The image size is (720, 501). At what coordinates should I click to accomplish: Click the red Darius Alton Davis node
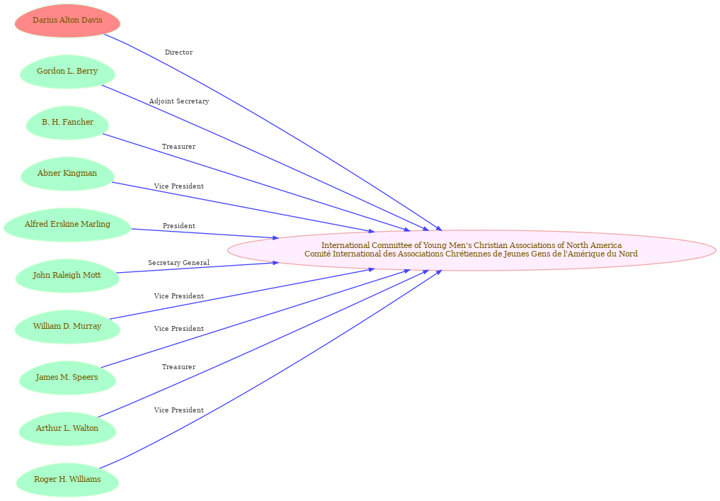point(67,21)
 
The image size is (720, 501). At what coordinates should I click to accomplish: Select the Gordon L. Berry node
point(67,72)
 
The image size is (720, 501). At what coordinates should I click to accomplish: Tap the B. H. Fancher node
point(67,123)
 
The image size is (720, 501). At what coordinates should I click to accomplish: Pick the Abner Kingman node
point(67,174)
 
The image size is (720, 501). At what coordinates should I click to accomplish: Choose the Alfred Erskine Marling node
point(67,225)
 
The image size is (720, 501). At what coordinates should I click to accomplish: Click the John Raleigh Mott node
point(67,276)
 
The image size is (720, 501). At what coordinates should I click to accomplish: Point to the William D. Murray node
point(67,327)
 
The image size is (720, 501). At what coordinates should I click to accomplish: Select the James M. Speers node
point(67,378)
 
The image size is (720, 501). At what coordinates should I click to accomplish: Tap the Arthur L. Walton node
point(67,429)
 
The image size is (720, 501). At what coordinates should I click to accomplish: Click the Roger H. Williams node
point(67,480)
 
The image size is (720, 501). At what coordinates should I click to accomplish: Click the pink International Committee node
point(472,250)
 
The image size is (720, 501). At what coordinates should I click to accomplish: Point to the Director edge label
point(178,52)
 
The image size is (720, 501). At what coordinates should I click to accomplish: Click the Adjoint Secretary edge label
point(178,101)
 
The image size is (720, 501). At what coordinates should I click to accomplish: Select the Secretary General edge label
point(178,263)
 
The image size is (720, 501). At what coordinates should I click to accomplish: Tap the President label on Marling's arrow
point(178,226)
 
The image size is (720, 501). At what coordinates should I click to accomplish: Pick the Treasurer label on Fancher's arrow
point(178,147)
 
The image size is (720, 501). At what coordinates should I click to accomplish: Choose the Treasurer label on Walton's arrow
point(178,367)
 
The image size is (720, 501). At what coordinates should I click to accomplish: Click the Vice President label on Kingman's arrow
point(178,186)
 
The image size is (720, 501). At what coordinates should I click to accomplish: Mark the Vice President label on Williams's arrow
point(178,410)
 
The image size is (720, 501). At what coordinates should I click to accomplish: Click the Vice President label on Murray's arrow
point(178,296)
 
